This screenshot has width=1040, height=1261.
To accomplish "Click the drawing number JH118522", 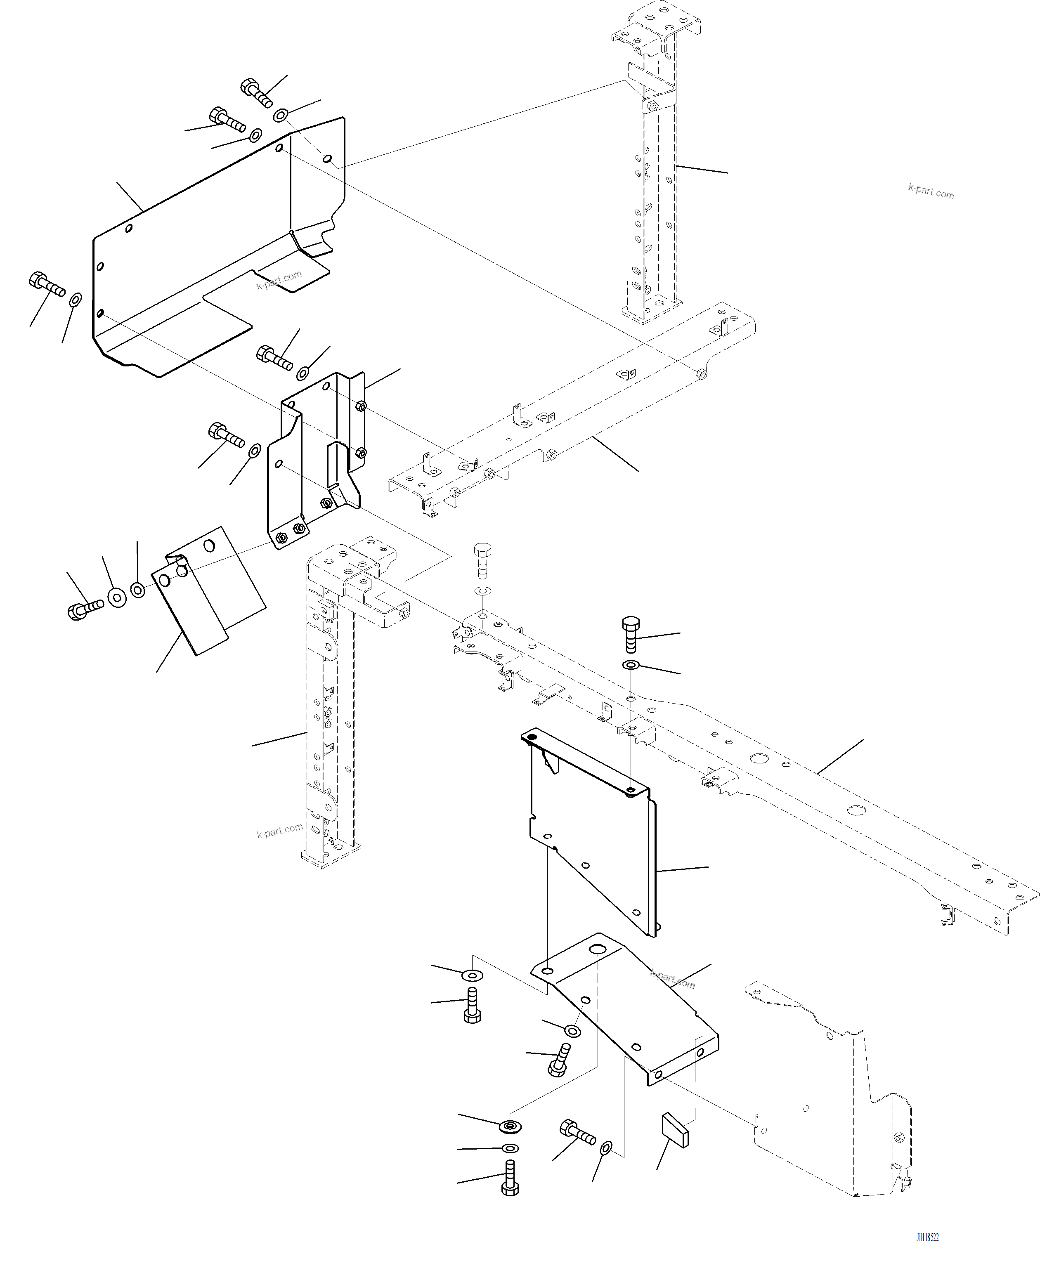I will pyautogui.click(x=927, y=1237).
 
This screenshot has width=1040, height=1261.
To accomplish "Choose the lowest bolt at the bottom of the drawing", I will pyautogui.click(x=510, y=1178).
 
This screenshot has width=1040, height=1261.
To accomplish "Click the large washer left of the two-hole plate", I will pyautogui.click(x=117, y=597).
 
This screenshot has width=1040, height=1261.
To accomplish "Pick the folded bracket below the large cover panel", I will pyautogui.click(x=314, y=461).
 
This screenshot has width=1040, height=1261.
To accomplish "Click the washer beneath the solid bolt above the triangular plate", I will pyautogui.click(x=631, y=665).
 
